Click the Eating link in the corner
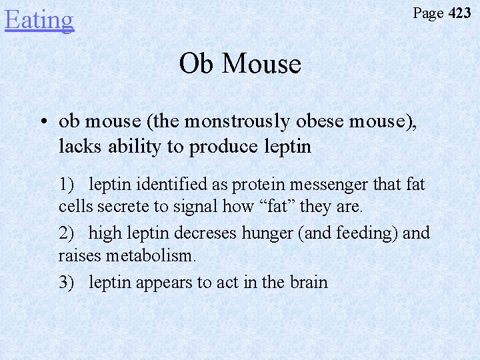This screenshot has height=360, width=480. tap(39, 19)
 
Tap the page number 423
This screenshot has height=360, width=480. tap(459, 13)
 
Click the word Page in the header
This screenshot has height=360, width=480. tap(428, 13)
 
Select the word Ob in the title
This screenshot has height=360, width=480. tap(195, 64)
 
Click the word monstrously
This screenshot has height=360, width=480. tap(239, 122)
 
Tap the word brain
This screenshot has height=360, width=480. tap(308, 282)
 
